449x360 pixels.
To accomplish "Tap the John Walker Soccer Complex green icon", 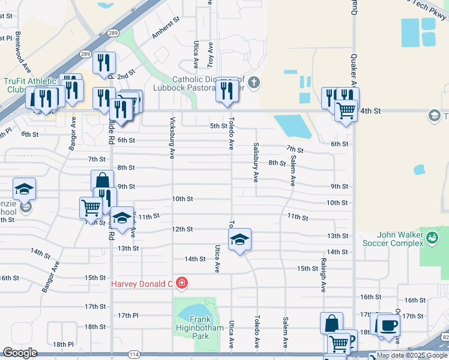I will (431, 239).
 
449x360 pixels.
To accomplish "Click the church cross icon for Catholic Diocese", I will (253, 82).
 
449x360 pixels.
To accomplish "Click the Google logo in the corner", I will (20, 353).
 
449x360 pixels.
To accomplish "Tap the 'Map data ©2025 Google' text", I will (412, 355).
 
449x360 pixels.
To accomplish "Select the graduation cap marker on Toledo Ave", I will (240, 240).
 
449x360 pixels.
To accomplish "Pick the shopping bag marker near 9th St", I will (103, 181).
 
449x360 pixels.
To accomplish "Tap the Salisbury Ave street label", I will (256, 163).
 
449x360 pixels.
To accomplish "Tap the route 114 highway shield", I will (134, 355).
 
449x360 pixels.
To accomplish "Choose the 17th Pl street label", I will (128, 316).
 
